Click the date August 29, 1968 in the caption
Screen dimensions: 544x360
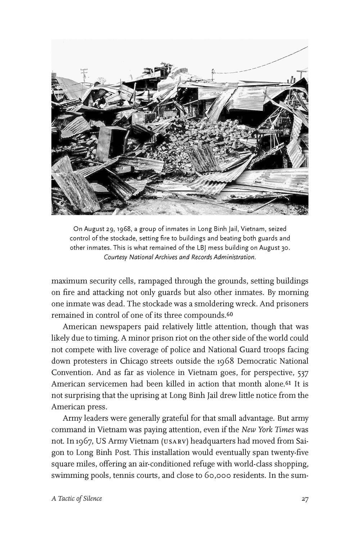106,229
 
